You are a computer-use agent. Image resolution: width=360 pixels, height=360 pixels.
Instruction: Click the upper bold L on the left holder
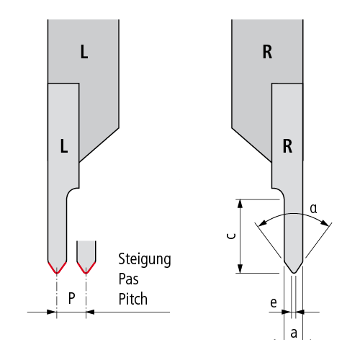click(84, 52)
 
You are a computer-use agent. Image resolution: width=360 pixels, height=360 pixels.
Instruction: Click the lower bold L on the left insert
click(64, 146)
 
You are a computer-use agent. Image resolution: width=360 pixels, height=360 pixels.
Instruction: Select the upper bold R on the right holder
click(267, 52)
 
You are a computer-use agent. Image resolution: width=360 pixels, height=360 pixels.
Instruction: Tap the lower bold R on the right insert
click(287, 146)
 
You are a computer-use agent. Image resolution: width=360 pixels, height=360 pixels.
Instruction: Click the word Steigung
click(145, 260)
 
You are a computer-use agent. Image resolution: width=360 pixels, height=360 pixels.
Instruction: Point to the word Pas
click(129, 279)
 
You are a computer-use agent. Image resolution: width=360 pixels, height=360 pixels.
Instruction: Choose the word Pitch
click(133, 299)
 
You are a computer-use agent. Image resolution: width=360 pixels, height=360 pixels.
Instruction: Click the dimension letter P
click(71, 298)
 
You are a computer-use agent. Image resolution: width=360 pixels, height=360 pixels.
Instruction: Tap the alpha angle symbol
click(313, 208)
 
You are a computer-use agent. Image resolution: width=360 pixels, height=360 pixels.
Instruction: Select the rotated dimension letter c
click(231, 236)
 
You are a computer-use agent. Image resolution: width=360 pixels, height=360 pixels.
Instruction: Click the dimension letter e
click(274, 302)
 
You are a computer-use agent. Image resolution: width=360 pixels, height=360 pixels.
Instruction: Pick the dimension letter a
click(294, 333)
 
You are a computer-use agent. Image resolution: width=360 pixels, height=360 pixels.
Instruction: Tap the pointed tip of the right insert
click(294, 273)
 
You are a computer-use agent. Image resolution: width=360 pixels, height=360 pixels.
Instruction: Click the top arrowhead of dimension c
click(240, 204)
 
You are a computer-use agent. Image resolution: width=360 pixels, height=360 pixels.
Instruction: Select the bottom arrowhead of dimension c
click(240, 269)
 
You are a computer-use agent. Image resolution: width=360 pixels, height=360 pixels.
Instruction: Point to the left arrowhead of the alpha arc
click(263, 223)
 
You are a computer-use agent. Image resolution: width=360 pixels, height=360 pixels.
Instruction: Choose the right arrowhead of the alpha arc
click(325, 223)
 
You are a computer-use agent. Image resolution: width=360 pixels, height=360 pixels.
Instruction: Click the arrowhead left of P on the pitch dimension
click(52, 312)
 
